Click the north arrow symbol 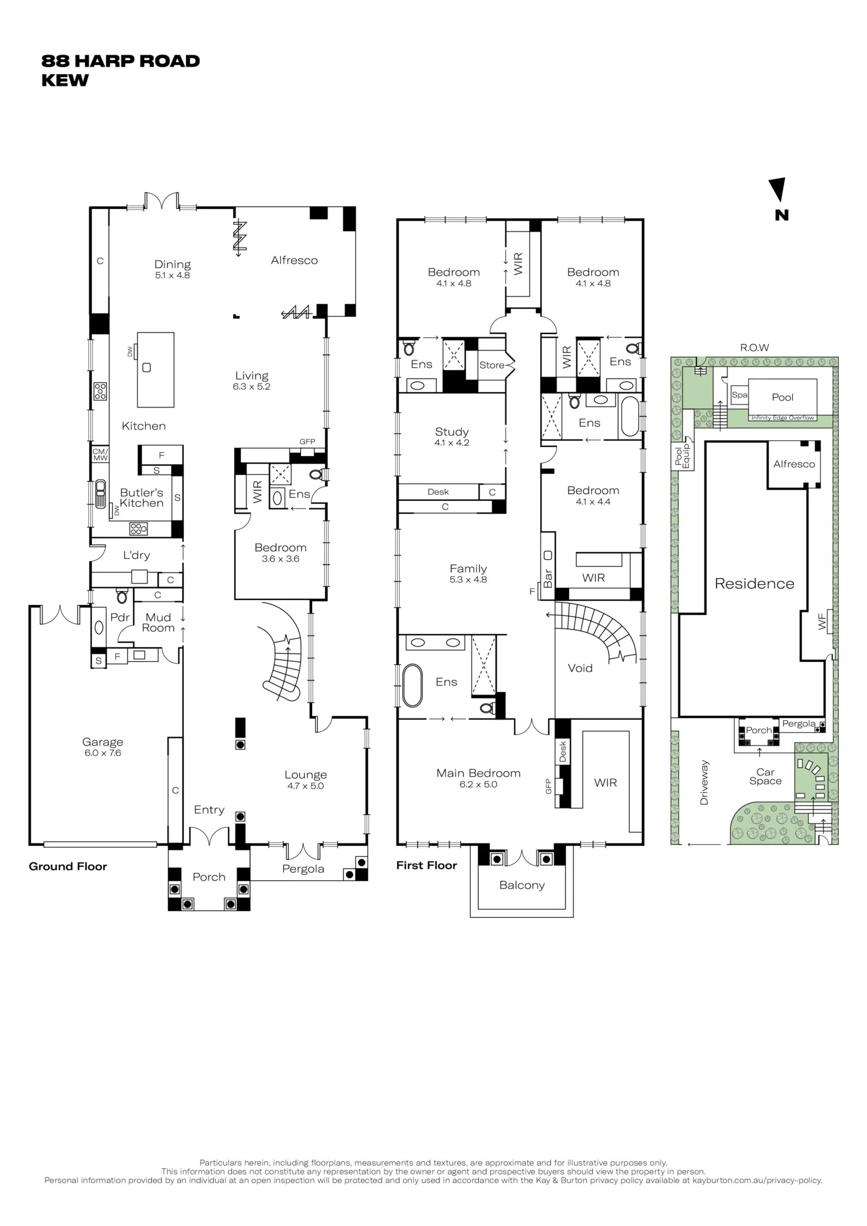tap(778, 189)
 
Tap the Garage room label tap(104, 742)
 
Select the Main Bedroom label tap(478, 773)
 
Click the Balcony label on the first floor tap(522, 885)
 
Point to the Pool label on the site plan tap(782, 397)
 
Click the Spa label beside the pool tap(739, 395)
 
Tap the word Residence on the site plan tap(754, 584)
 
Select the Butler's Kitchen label tap(142, 498)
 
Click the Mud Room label tap(158, 622)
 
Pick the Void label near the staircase tap(580, 668)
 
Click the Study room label tap(452, 432)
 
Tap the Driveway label tap(704, 783)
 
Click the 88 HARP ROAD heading tap(121, 61)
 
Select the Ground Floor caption tap(68, 866)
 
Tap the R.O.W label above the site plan tap(754, 348)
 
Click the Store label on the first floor tap(492, 365)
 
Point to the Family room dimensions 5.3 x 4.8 tap(468, 579)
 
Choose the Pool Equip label tap(682, 454)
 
